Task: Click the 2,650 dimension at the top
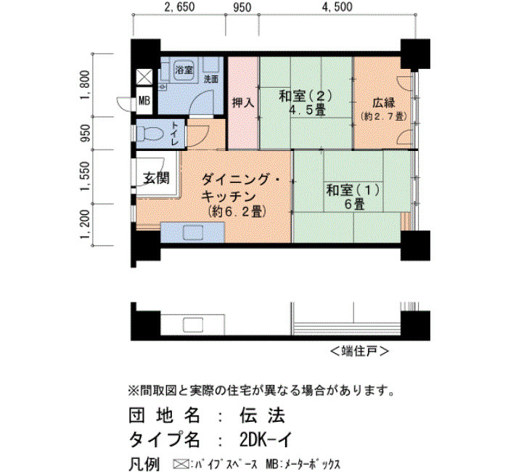click(179, 7)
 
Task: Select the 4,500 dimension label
click(337, 7)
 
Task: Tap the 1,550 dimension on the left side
click(85, 177)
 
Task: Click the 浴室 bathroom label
click(184, 70)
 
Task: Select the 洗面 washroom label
click(211, 79)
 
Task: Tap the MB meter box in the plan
click(144, 101)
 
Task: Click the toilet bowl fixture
click(149, 133)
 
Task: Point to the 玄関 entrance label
click(156, 178)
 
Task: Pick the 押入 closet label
click(243, 103)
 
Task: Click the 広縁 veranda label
click(384, 103)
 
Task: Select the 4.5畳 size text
click(307, 110)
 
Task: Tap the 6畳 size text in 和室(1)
click(354, 205)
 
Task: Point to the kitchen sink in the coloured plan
click(194, 233)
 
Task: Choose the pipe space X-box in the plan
click(144, 77)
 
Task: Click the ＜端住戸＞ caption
click(359, 351)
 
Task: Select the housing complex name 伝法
click(263, 415)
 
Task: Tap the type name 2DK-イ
click(266, 440)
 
